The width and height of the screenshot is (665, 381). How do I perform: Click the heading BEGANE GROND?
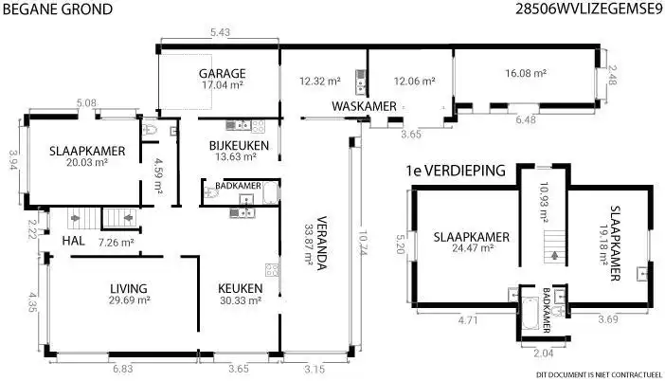(58, 9)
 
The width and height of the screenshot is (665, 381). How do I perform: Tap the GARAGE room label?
(223, 73)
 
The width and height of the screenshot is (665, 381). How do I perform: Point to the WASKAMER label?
(365, 106)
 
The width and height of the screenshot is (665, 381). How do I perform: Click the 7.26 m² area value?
(117, 243)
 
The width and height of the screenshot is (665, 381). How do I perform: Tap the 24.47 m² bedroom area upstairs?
(472, 248)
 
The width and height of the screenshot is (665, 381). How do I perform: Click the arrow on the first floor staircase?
(552, 256)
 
